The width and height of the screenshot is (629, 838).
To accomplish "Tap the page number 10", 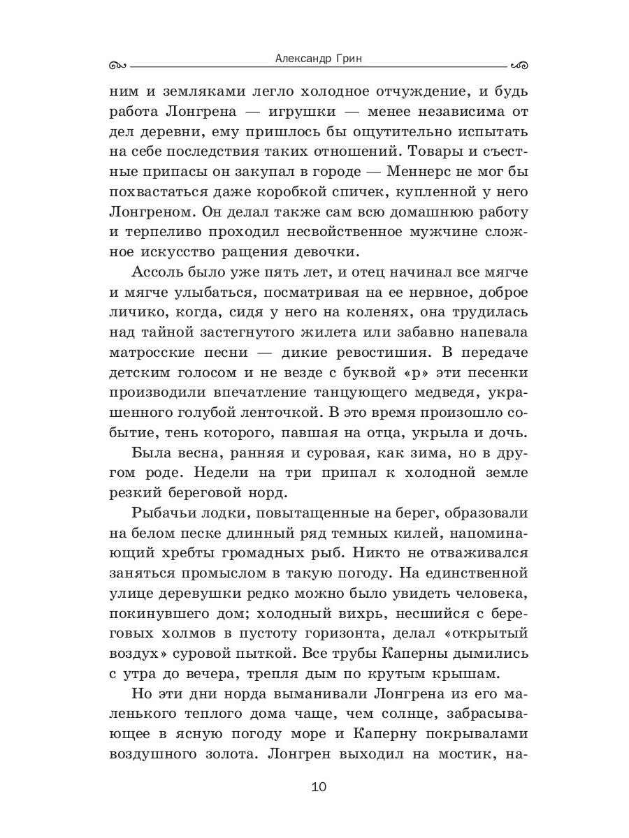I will point(319,787).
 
